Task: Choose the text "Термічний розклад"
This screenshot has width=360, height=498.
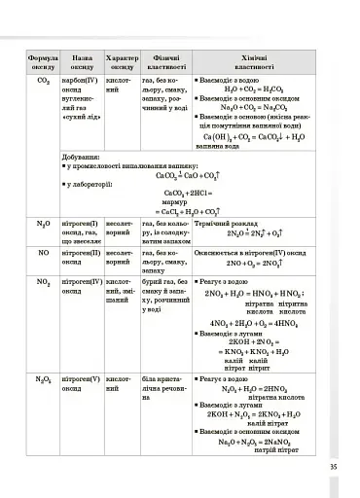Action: (229, 223)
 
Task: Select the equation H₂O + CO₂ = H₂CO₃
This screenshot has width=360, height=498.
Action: (252, 90)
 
